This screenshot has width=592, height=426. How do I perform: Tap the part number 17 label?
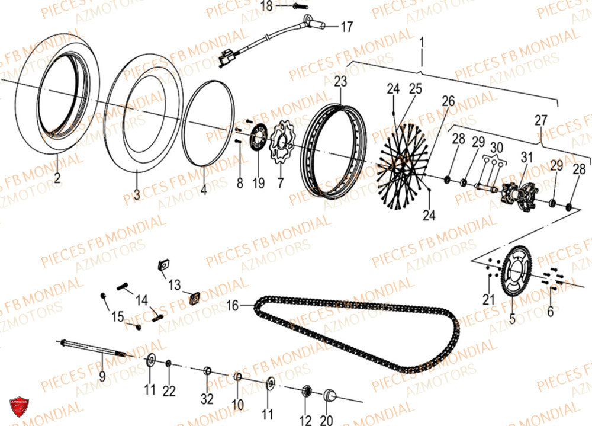coord(346,27)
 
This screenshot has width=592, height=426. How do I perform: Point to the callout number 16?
coord(232,306)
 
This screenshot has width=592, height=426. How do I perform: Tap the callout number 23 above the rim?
coord(340,81)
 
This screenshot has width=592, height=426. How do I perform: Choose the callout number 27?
coord(541,120)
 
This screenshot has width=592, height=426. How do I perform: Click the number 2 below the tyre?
coord(57,177)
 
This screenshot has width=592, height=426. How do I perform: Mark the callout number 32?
coord(207,399)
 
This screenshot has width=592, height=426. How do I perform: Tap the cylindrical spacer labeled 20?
coord(330,395)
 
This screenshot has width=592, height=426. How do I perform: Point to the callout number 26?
coord(448,101)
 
